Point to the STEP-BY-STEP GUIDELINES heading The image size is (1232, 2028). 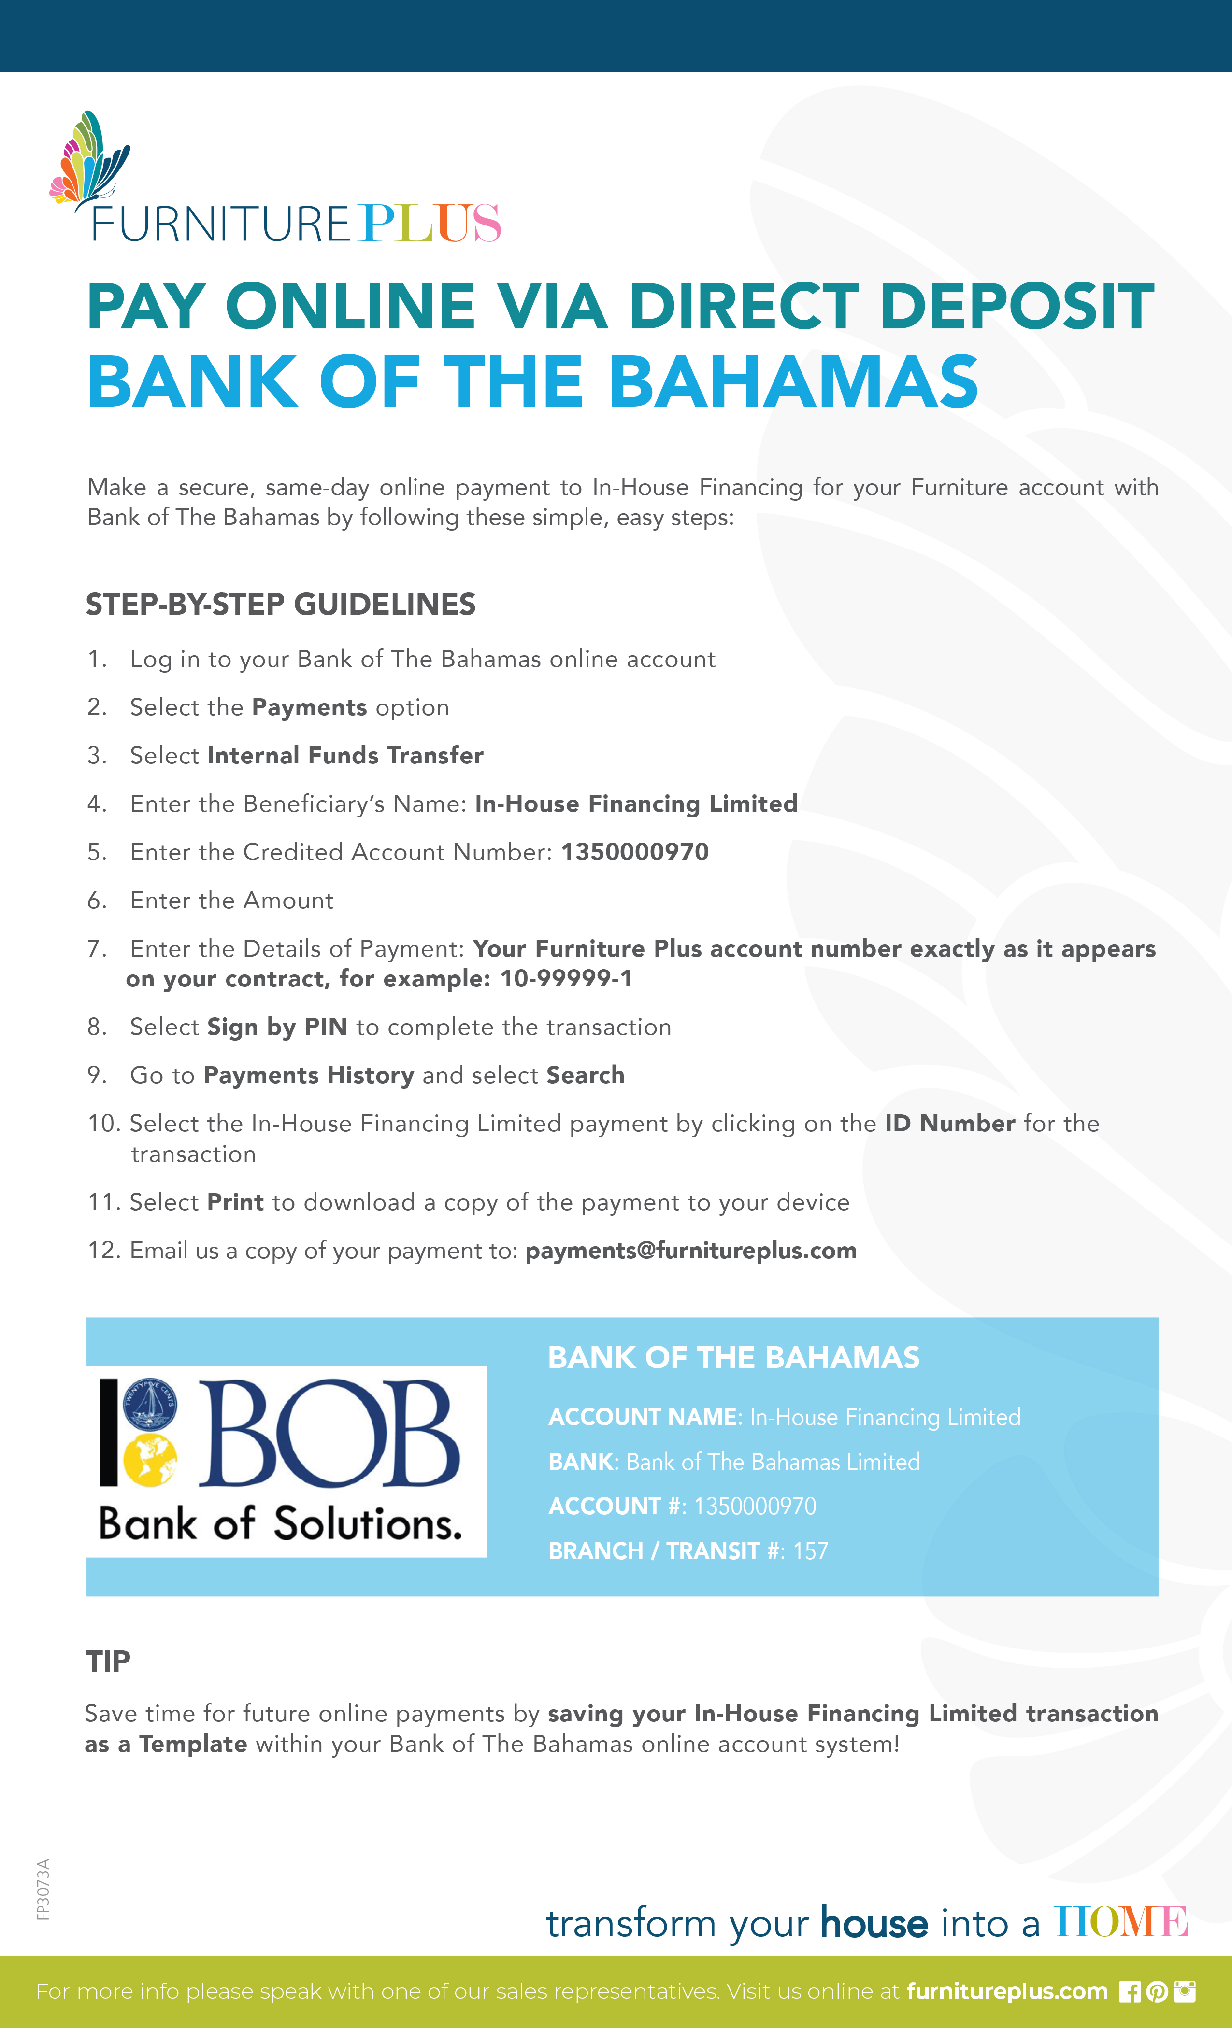[x=281, y=605]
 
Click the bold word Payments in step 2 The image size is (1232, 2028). [x=309, y=708]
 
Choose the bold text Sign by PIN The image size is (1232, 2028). [x=277, y=1027]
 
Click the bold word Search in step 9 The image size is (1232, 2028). [x=585, y=1076]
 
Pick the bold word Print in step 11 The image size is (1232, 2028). [x=236, y=1202]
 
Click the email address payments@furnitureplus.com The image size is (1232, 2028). [x=691, y=1251]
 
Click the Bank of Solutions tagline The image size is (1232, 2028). [x=280, y=1524]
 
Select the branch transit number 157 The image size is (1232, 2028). [x=810, y=1551]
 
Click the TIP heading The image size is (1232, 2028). [x=108, y=1662]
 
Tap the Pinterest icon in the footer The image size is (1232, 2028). [x=1157, y=1992]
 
